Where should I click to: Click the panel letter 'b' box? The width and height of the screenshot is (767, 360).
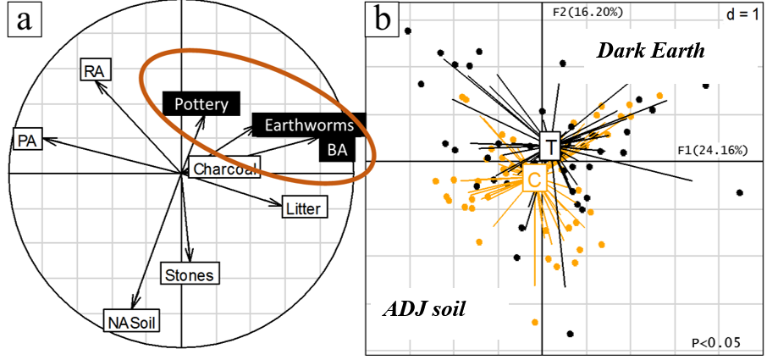(383, 19)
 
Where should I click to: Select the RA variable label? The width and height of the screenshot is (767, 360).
(96, 71)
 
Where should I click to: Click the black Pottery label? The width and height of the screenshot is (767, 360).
(201, 103)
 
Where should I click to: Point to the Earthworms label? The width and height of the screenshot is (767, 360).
(309, 125)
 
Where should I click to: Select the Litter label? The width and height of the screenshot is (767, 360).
(304, 209)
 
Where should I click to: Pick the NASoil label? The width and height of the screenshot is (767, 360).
(132, 321)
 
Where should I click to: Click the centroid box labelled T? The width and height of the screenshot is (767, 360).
(551, 146)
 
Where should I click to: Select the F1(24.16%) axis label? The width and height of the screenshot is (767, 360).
(712, 150)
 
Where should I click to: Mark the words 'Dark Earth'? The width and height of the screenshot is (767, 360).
(650, 51)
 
